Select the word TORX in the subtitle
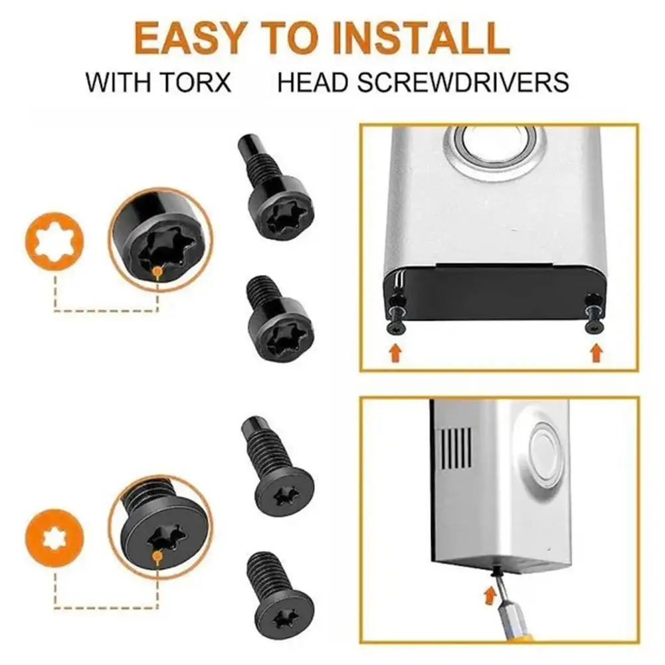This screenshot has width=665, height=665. click(197, 82)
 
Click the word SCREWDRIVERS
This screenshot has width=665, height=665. click(477, 82)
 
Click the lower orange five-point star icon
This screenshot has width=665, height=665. click(56, 537)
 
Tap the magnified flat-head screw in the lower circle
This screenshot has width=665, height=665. click(159, 532)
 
